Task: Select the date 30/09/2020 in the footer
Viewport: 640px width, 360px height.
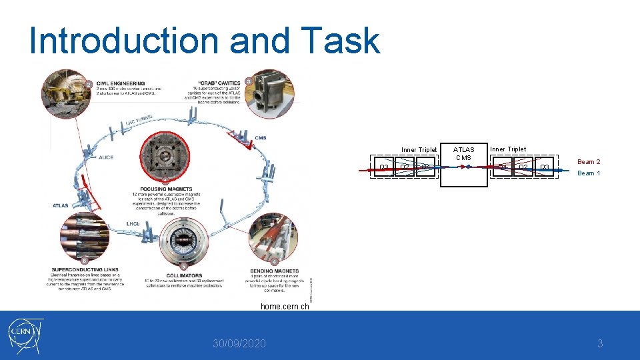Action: click(239, 344)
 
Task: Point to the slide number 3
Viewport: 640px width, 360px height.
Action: click(599, 344)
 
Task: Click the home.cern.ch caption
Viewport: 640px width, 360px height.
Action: click(285, 307)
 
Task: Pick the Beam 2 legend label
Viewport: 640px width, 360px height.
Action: click(589, 162)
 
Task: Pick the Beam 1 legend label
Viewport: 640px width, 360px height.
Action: click(589, 173)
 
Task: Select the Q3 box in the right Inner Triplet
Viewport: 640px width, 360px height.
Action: click(545, 167)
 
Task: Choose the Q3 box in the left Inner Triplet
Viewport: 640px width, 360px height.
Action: click(384, 167)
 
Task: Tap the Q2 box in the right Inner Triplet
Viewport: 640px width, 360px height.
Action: click(524, 167)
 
